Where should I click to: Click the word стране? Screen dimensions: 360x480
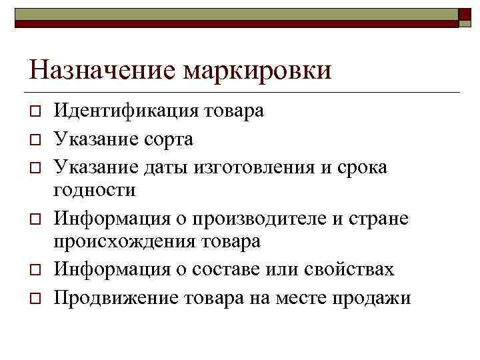[x=383, y=217]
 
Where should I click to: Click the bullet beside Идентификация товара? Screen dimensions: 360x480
[x=34, y=111]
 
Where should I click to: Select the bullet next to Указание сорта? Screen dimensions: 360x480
[x=34, y=139]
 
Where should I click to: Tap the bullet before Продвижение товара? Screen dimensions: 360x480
[x=34, y=298]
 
